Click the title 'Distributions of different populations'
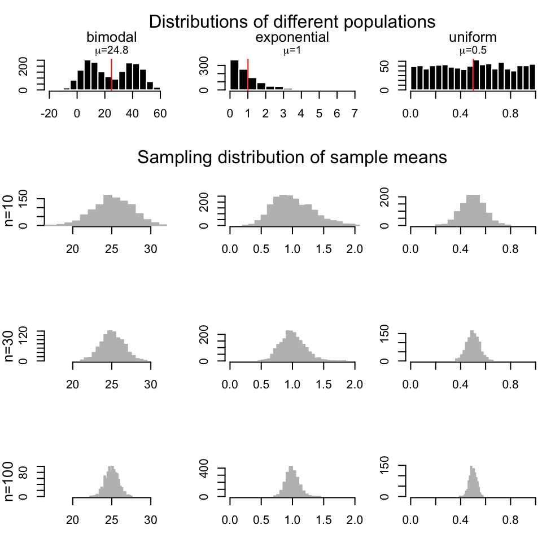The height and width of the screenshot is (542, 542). (x=292, y=22)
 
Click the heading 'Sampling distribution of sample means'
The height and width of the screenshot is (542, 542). (x=292, y=158)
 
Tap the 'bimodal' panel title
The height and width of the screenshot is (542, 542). (x=111, y=37)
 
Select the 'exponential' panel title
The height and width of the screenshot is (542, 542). (x=292, y=37)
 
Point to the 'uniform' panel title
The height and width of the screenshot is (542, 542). (x=473, y=37)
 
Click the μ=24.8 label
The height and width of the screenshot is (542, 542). (x=111, y=50)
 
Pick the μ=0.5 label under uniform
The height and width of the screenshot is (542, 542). (x=473, y=50)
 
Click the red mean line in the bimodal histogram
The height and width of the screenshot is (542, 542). (x=111, y=73)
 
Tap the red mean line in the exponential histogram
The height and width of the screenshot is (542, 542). (x=248, y=73)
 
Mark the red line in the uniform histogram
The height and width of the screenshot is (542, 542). (x=473, y=73)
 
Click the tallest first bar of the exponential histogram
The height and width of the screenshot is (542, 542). (x=234, y=75)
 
